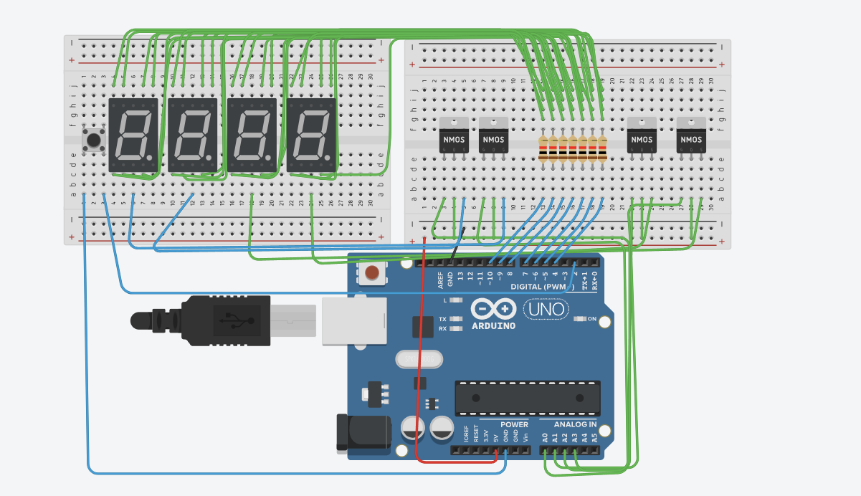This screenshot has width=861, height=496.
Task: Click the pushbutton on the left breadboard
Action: pos(92,139)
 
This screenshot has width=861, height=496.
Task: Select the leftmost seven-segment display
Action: pos(133,135)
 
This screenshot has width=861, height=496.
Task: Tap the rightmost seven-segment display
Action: pos(311,135)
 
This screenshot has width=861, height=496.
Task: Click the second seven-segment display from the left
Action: pos(193,135)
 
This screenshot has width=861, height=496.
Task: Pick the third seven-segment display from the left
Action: pos(252,135)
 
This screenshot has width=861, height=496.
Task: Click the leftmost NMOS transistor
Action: pos(454,135)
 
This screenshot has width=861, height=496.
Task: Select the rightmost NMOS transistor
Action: pos(691,135)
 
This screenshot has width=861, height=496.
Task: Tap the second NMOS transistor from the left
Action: pos(493,135)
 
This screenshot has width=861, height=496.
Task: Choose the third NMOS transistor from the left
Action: pos(642,135)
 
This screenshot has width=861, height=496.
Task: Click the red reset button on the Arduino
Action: pos(372,272)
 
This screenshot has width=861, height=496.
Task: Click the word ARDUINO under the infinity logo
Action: pos(493,326)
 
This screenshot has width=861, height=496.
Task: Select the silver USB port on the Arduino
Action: pos(353,320)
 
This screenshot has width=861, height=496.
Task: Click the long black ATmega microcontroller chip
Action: pos(528,398)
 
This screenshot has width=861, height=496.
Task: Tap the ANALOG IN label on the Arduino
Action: pos(575,424)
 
